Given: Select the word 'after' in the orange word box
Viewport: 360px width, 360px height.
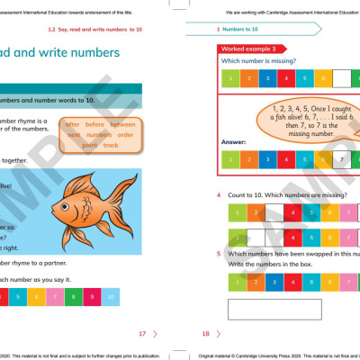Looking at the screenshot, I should point(74,124).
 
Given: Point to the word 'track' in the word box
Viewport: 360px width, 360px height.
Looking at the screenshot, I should point(111,145).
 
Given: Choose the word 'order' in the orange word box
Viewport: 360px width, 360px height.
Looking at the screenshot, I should point(124,135).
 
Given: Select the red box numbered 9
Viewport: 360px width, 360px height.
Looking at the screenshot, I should point(89,295).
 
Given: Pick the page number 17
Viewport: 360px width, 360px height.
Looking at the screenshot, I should point(141,333).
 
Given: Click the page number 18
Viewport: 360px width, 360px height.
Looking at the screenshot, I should point(205,333).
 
